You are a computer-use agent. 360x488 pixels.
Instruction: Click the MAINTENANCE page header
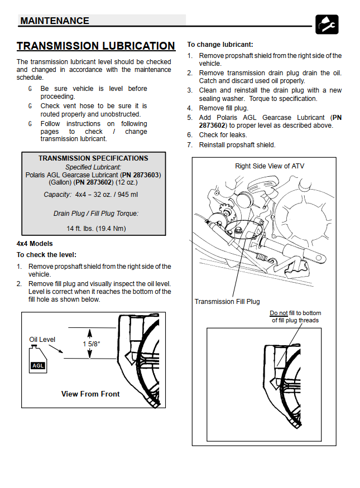click(55, 21)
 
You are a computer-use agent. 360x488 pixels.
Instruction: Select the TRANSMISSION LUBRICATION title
click(96, 46)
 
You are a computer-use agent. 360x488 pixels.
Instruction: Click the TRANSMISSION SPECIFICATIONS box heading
click(93, 158)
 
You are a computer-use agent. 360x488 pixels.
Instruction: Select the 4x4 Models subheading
click(36, 244)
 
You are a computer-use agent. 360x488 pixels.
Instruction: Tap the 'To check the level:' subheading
click(46, 254)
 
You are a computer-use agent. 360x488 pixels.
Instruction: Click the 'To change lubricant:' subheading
click(220, 44)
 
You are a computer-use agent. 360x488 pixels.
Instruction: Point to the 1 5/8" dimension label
click(92, 344)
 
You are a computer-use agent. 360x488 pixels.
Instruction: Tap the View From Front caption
click(90, 394)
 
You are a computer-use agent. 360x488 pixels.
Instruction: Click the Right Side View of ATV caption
click(270, 166)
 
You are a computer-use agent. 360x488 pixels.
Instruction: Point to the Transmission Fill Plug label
click(227, 302)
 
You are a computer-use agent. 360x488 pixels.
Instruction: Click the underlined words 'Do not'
click(279, 313)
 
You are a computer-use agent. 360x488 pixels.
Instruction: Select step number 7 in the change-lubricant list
click(190, 145)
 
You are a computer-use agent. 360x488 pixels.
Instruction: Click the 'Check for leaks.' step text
click(223, 135)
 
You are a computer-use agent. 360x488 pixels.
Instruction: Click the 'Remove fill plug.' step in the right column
click(224, 108)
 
